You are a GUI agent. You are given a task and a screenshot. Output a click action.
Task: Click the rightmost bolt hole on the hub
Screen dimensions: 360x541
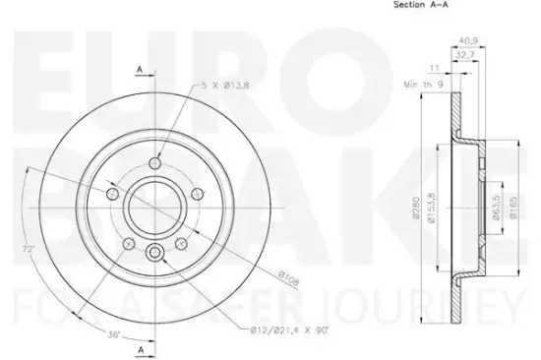tap(195, 194)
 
